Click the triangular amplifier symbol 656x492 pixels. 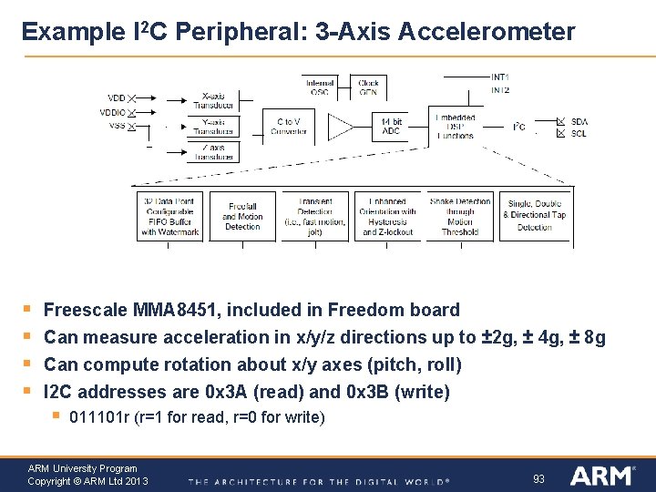pos(340,127)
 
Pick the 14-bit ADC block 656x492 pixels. pos(390,126)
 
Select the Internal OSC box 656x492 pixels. pos(319,87)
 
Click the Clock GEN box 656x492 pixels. pos(368,87)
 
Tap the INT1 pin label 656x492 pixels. pos(500,77)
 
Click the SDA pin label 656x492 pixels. pos(579,121)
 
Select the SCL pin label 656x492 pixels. pos(579,134)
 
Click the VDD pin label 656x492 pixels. pos(117,97)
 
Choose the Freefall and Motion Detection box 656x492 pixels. pos(242,217)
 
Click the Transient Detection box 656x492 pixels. pos(315,217)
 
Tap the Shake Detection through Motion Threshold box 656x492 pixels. pos(459,217)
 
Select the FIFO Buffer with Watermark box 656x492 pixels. pos(169,217)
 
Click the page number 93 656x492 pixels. pos(538,478)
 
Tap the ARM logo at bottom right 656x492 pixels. pos(602,476)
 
